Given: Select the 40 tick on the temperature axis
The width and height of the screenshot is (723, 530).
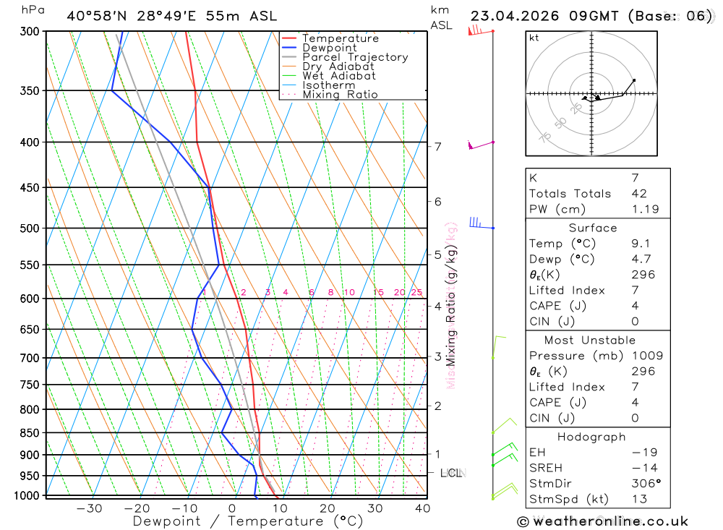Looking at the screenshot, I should (x=422, y=508).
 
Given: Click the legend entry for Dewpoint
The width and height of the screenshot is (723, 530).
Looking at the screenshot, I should (x=330, y=48).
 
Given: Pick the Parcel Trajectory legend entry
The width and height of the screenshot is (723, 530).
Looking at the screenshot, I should (x=354, y=57).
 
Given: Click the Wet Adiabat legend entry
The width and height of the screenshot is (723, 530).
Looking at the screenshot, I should (x=338, y=76).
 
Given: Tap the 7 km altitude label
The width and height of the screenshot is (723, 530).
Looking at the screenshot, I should (x=438, y=147).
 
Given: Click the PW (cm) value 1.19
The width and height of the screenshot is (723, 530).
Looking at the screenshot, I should (x=645, y=210).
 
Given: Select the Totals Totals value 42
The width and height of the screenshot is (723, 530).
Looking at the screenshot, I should (x=639, y=194).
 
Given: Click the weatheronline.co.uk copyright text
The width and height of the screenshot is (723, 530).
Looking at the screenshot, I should (x=602, y=521).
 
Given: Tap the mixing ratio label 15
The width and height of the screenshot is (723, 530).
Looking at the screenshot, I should (x=378, y=293).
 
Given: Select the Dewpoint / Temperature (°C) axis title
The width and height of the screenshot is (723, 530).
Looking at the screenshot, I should (x=247, y=521).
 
